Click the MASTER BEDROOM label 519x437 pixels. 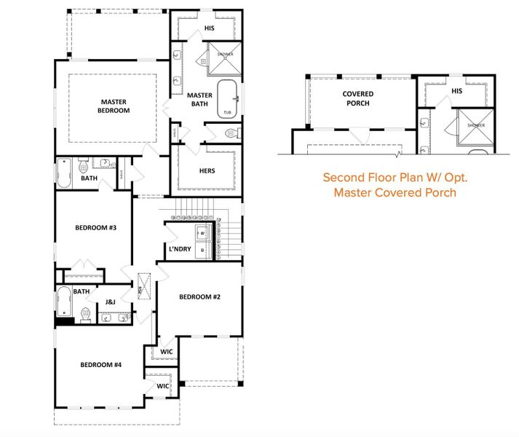[x=114, y=106]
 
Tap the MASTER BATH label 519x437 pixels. [x=199, y=100]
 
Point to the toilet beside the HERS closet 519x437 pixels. [x=231, y=133]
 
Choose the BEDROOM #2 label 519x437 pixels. [x=199, y=296]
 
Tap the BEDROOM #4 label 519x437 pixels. [x=100, y=365]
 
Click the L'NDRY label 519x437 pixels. [x=179, y=250]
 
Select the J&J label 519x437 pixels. [x=111, y=302]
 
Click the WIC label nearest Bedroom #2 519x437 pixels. [x=166, y=351]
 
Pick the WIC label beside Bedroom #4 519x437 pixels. [x=163, y=386]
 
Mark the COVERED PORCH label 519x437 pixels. [x=358, y=98]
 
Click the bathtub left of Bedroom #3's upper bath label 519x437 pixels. [x=64, y=173]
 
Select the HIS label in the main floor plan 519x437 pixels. [x=209, y=28]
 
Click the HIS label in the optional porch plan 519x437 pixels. [x=456, y=91]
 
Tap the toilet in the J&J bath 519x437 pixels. [x=85, y=315]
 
